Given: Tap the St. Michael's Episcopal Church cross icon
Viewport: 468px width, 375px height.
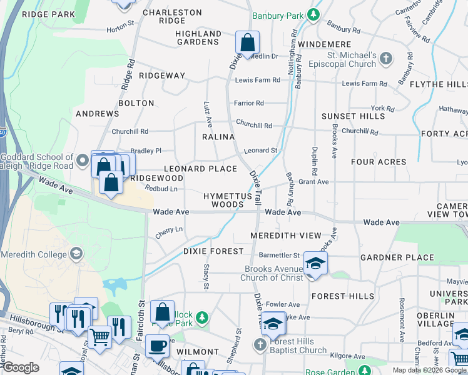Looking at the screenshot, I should coord(386,59).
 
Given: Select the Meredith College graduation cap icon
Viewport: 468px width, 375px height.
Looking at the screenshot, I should coord(76,254).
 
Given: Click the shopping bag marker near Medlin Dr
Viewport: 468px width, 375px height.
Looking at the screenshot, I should coord(248,44).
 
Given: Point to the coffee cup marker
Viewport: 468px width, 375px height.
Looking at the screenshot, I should coord(157,345).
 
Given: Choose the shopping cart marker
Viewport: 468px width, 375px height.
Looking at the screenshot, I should coord(99,337).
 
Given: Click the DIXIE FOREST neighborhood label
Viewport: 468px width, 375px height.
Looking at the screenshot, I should coord(213,251).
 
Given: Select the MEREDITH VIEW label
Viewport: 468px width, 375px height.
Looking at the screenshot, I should coord(285,236).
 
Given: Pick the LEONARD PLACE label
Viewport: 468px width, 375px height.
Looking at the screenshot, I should coord(200,169).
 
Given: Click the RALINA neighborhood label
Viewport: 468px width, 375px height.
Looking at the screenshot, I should coord(218,137).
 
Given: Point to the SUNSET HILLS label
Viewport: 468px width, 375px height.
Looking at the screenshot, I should coord(353,116).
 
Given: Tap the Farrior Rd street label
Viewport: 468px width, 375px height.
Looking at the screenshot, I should coord(249,102).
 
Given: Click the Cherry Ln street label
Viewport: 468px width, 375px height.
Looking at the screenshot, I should coord(169,230).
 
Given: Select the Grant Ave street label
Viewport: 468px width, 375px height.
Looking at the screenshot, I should coord(313,182).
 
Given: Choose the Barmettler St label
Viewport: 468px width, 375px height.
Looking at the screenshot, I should coord(280,255).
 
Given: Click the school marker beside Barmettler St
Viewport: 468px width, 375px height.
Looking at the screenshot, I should coord(315,263).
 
